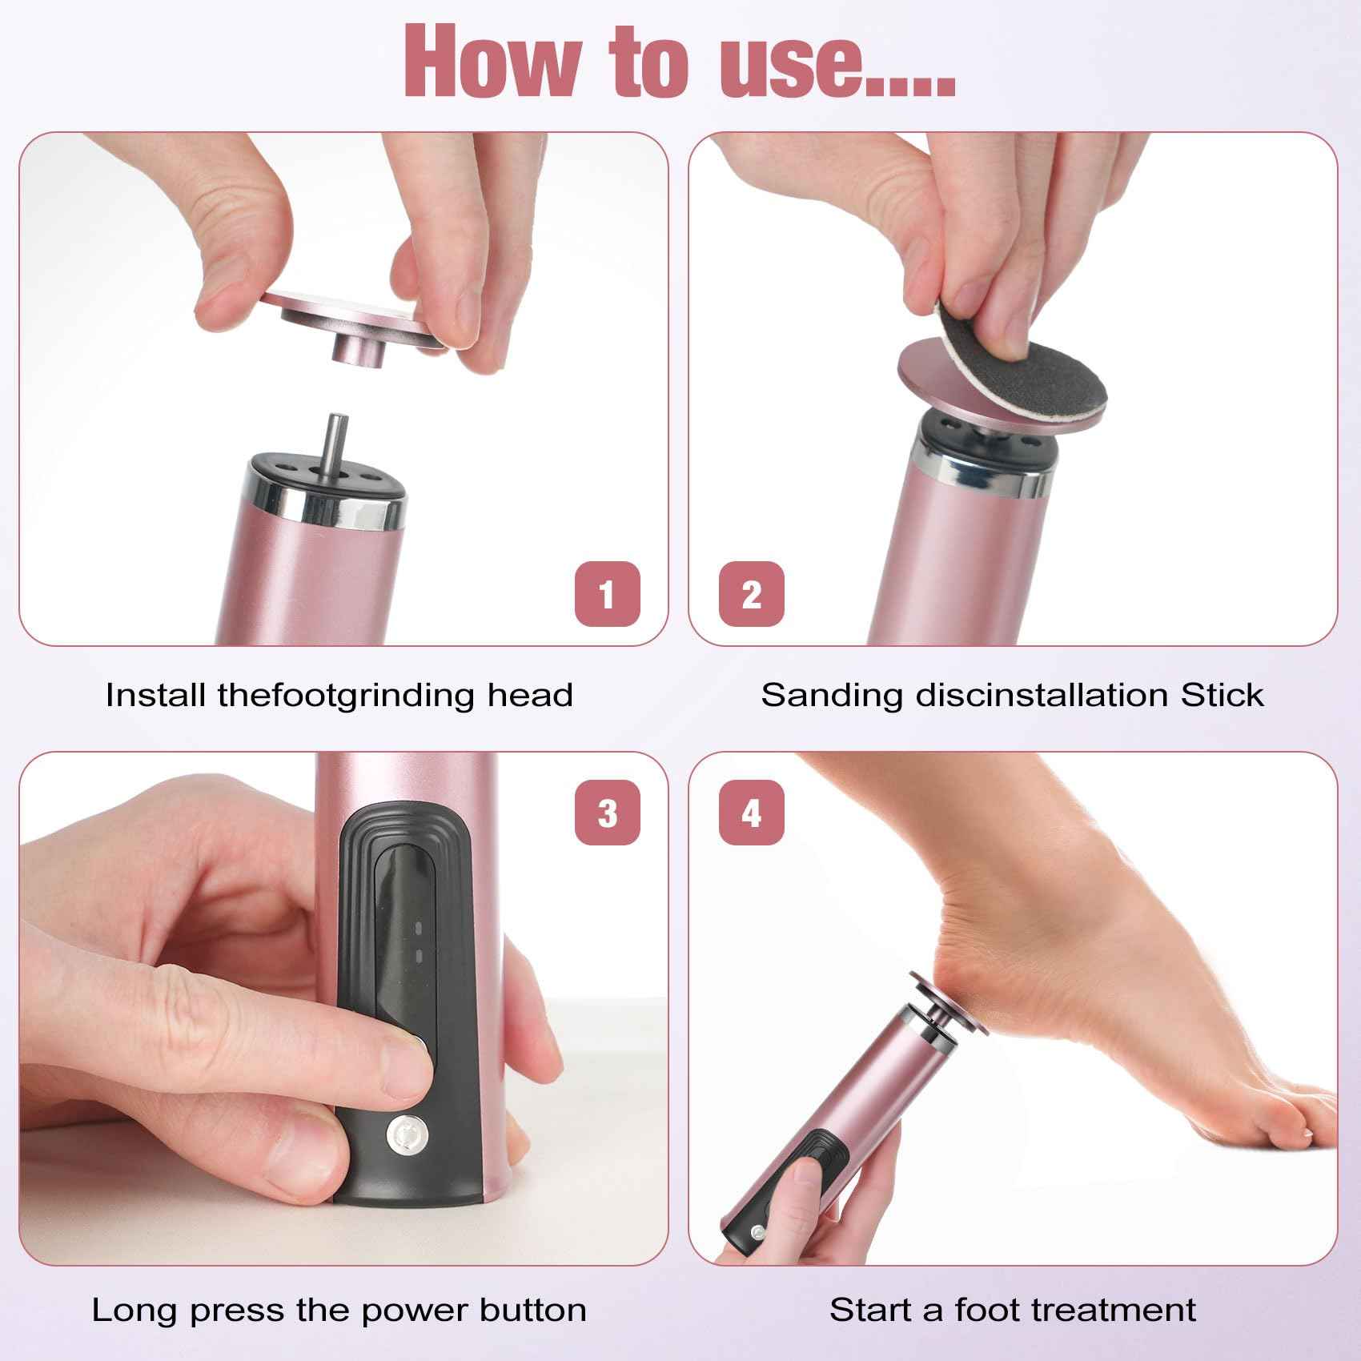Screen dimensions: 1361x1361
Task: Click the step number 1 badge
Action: [x=607, y=594]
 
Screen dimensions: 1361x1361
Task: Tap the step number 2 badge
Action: [x=751, y=594]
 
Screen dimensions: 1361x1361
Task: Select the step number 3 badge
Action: [x=607, y=813]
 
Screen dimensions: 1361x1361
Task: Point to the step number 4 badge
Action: [x=751, y=813]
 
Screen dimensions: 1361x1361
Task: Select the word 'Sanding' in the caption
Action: [x=833, y=695]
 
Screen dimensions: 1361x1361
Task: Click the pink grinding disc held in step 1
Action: [x=352, y=316]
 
